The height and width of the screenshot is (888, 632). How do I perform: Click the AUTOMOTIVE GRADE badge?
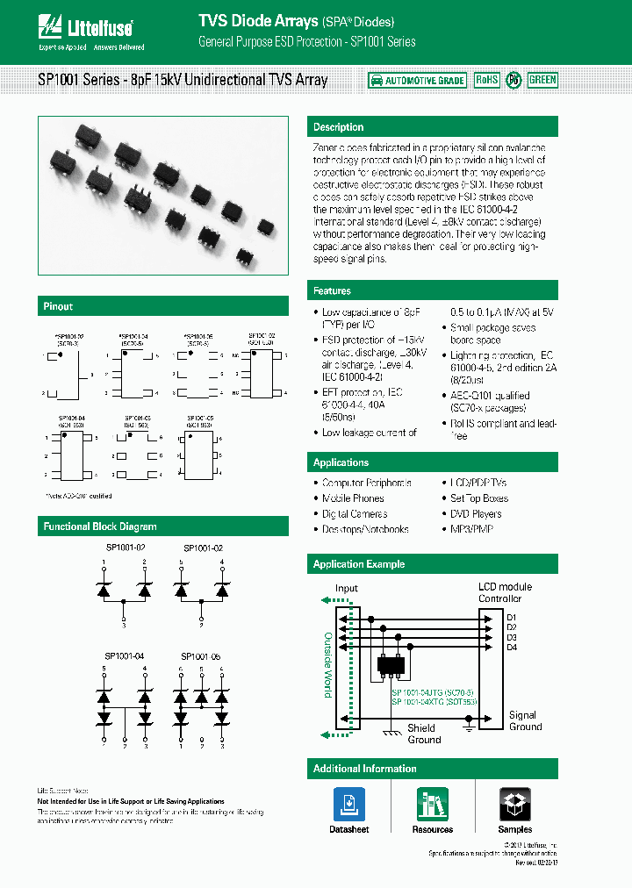click(x=417, y=80)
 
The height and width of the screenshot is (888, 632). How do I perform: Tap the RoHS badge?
click(x=486, y=80)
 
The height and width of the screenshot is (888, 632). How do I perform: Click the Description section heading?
click(x=338, y=127)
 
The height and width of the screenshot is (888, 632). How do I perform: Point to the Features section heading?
click(x=332, y=290)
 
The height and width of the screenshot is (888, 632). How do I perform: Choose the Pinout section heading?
click(x=58, y=306)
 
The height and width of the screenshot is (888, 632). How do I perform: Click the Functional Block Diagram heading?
click(x=100, y=526)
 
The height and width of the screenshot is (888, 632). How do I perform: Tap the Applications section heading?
click(x=341, y=462)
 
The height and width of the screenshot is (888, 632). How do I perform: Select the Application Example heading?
click(x=359, y=564)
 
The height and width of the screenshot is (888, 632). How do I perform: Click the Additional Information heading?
click(x=364, y=769)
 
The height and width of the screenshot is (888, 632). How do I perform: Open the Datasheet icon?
click(x=348, y=805)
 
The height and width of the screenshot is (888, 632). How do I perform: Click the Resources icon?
click(x=432, y=805)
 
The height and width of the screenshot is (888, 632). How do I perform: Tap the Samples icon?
click(x=515, y=805)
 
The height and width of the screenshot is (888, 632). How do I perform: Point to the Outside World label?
click(x=328, y=664)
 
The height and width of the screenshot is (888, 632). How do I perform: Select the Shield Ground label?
click(x=424, y=734)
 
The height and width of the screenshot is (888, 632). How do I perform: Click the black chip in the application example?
click(x=392, y=665)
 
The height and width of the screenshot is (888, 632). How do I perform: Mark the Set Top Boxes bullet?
click(x=478, y=498)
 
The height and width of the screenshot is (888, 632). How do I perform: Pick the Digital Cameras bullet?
click(x=355, y=514)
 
